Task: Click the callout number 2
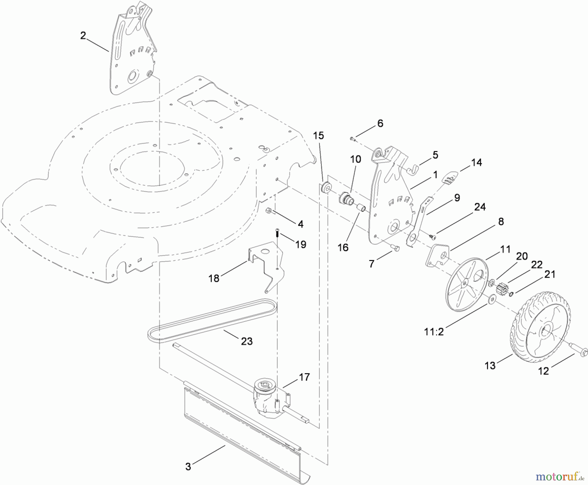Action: click(x=83, y=36)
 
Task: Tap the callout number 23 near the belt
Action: click(x=247, y=341)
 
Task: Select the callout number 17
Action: click(x=304, y=377)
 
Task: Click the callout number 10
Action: click(x=355, y=159)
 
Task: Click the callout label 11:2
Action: click(x=434, y=332)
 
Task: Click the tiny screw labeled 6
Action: click(x=352, y=139)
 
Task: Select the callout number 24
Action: click(x=480, y=207)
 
